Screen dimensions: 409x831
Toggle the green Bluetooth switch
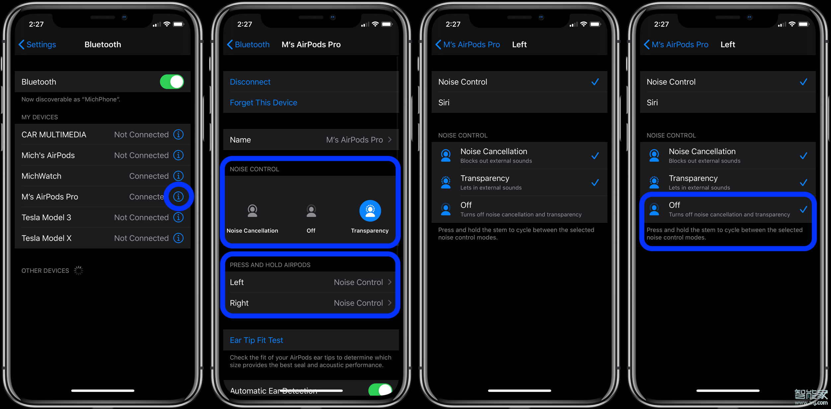click(x=172, y=82)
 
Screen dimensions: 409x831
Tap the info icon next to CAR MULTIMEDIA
click(x=178, y=135)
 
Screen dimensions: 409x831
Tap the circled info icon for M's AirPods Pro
click(x=178, y=197)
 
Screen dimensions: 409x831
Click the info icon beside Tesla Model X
click(x=178, y=238)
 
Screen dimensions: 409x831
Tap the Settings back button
click(x=37, y=44)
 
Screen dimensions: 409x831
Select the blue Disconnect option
click(x=250, y=82)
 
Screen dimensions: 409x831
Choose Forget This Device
click(x=263, y=103)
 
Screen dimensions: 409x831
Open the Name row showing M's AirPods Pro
click(x=311, y=140)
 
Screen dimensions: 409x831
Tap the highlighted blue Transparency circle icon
click(x=370, y=211)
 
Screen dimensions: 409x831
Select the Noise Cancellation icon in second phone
click(x=252, y=211)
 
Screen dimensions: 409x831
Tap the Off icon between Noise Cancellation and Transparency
click(x=311, y=211)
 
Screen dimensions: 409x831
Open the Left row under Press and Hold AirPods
click(x=311, y=282)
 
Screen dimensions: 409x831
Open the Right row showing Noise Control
click(x=311, y=303)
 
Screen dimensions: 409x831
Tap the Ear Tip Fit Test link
click(x=256, y=340)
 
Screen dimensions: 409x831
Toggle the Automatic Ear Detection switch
click(x=380, y=389)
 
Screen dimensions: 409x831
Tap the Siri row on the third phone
click(x=519, y=103)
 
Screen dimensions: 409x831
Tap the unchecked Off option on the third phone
click(x=519, y=209)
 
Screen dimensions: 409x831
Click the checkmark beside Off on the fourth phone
click(x=803, y=209)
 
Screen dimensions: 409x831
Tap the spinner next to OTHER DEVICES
click(x=78, y=270)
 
